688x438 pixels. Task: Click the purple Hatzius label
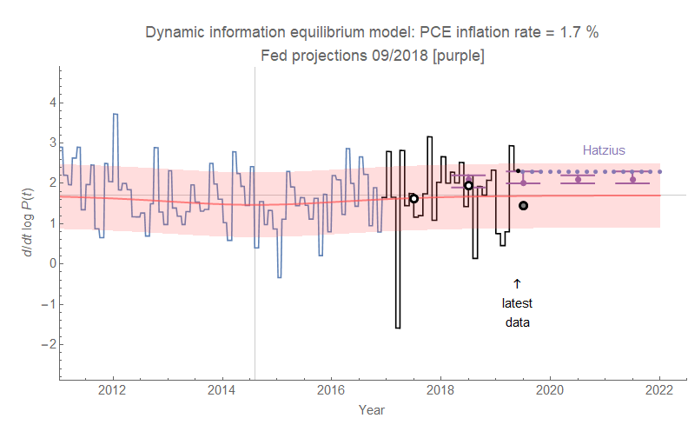[604, 150]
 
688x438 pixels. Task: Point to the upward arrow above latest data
[517, 283]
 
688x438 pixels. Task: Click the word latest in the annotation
[517, 303]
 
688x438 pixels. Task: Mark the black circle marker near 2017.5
[413, 198]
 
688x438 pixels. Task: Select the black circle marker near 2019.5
[523, 205]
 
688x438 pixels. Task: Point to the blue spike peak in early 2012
[115, 114]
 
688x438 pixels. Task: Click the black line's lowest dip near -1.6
[397, 328]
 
